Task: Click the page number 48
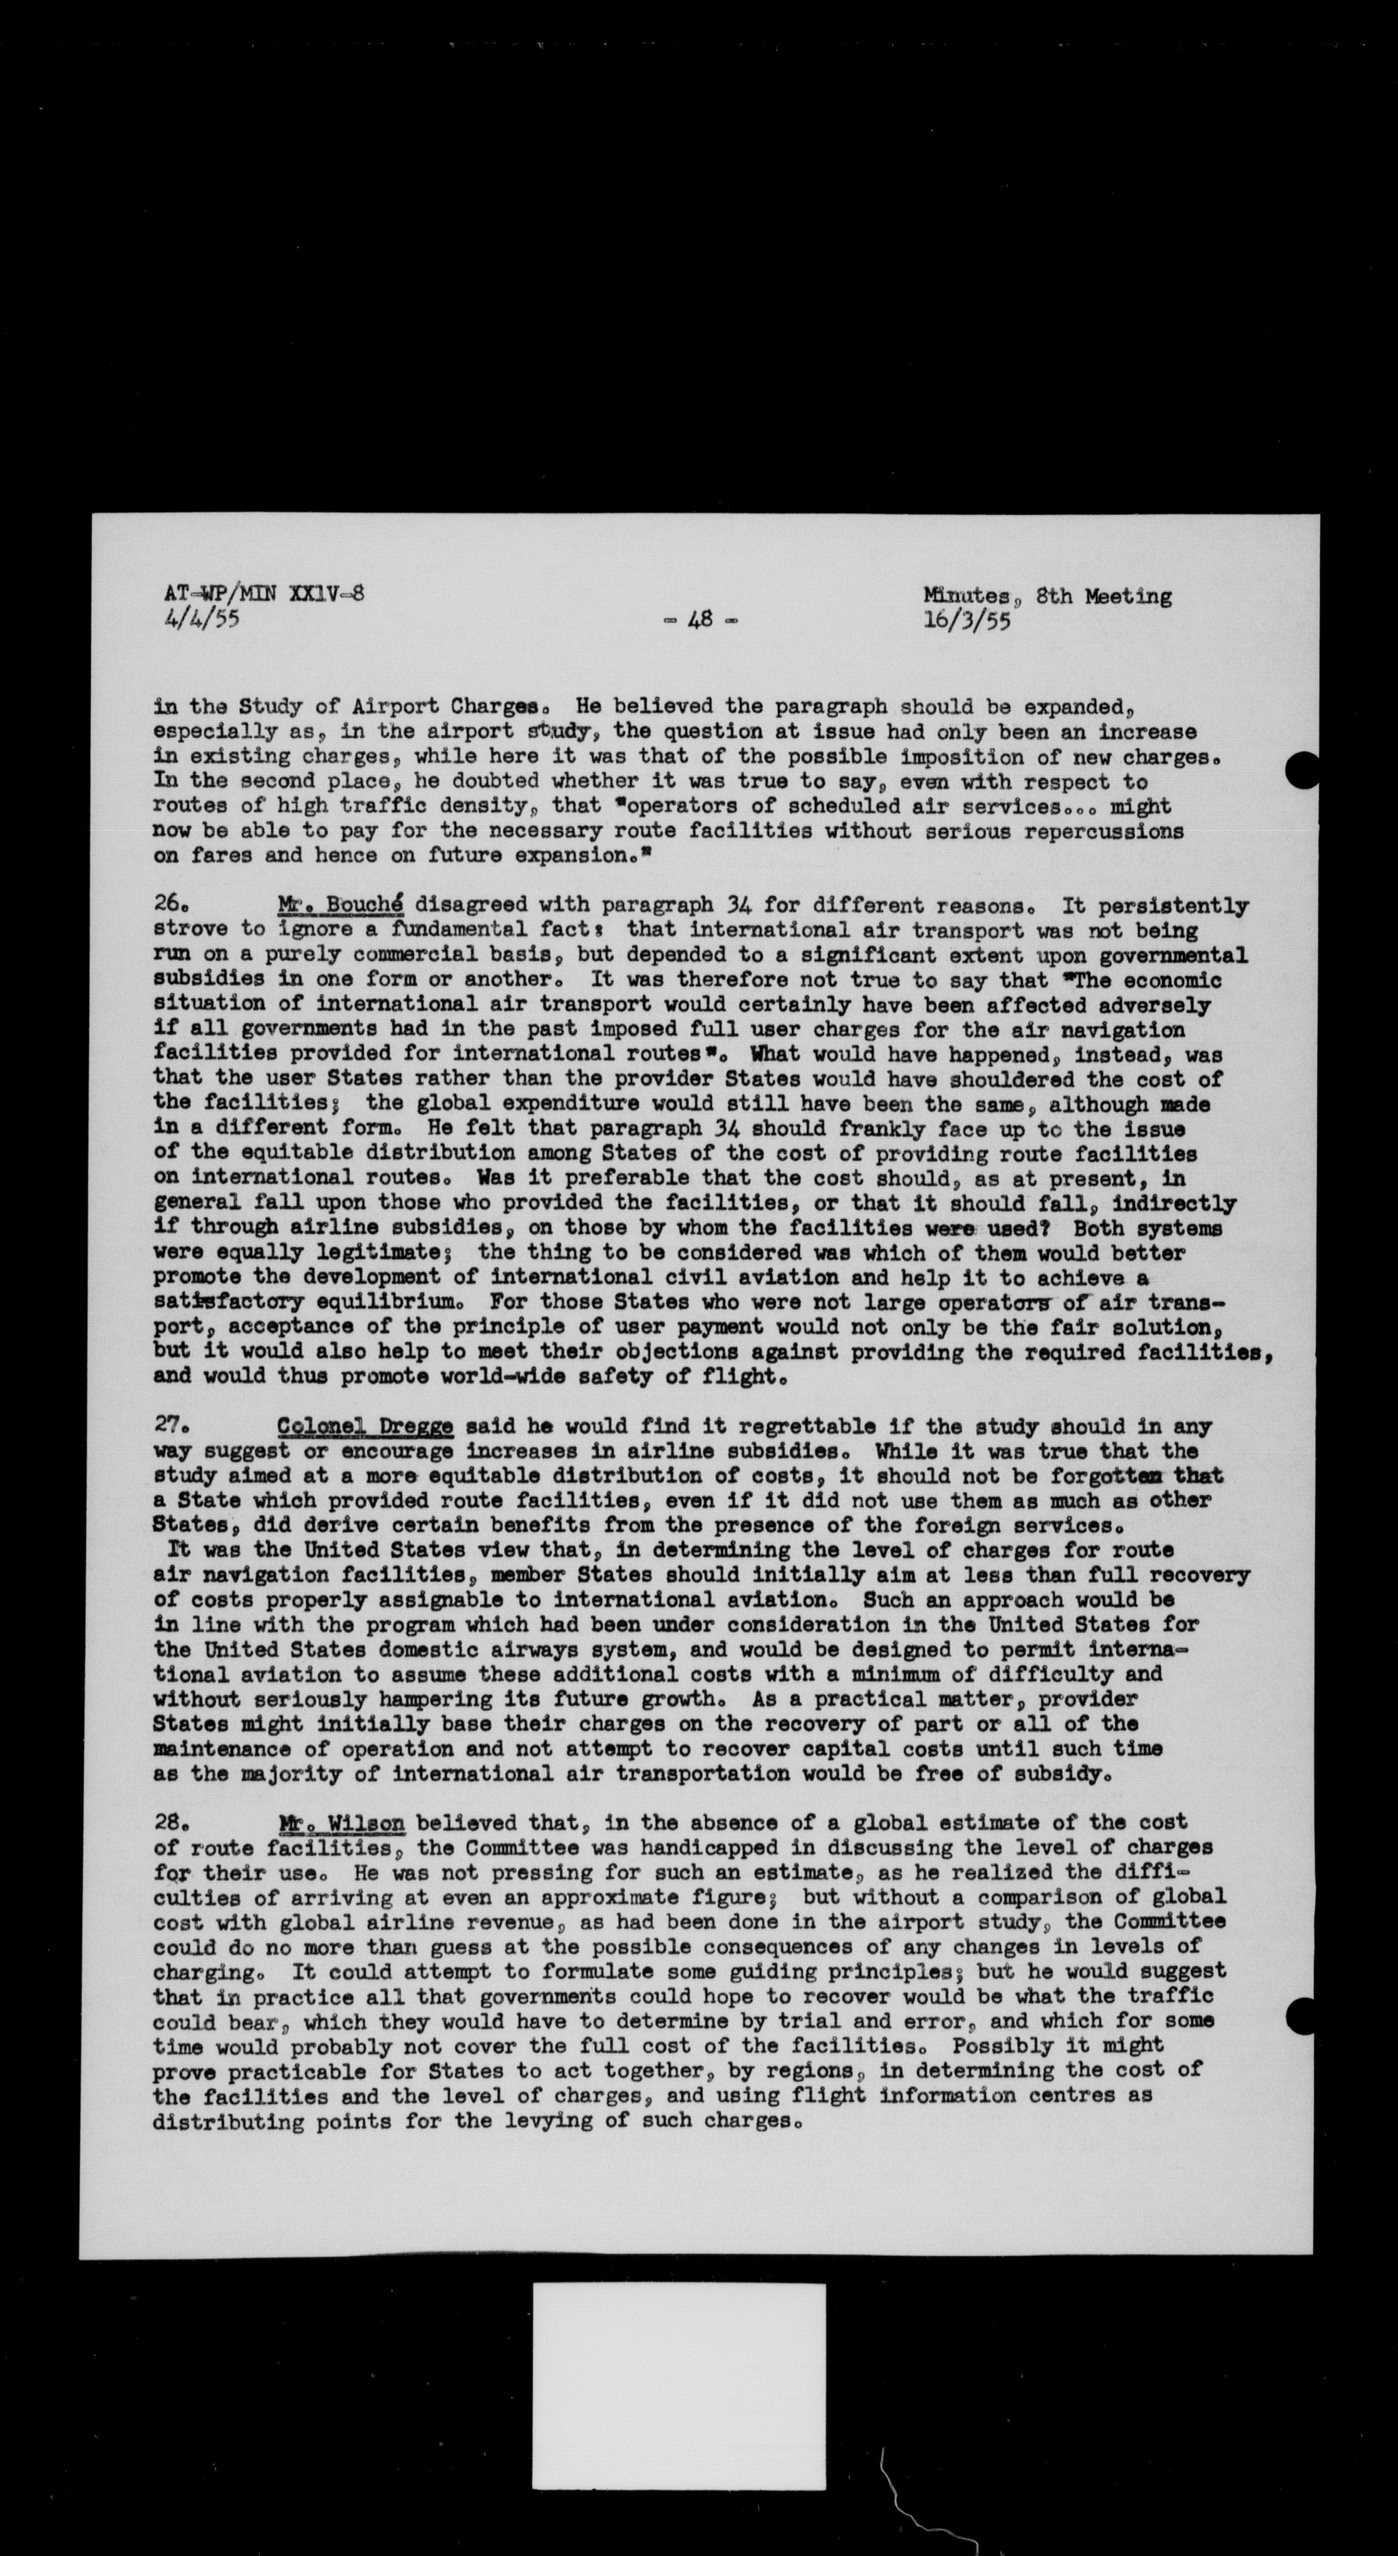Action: pos(700,620)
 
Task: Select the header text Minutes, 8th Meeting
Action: pos(1047,596)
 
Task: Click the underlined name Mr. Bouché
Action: pos(339,905)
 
